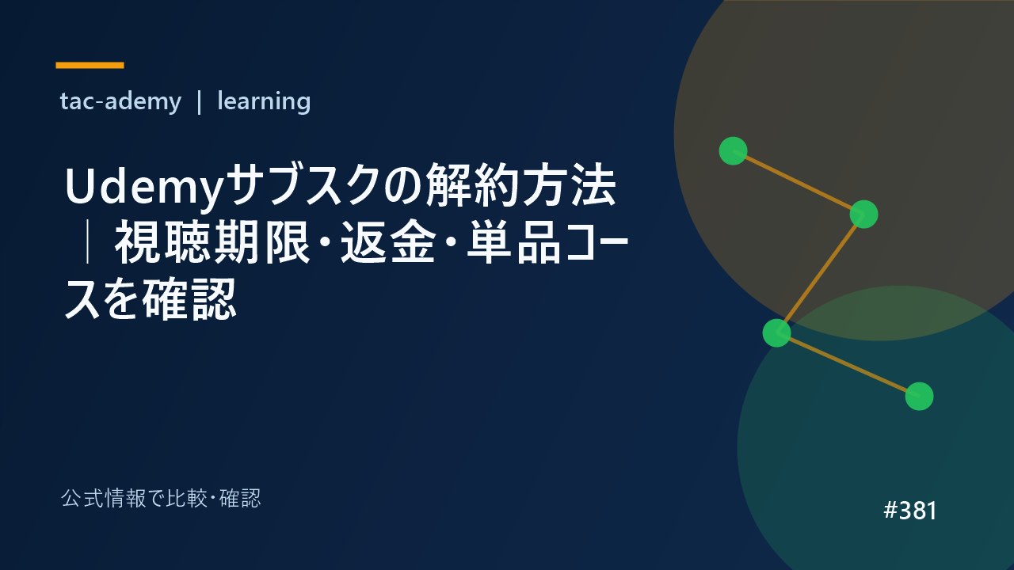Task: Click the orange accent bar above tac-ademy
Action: [x=90, y=66]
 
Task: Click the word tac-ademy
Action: [x=120, y=101]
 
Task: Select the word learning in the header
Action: [x=264, y=101]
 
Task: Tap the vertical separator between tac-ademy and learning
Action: [x=199, y=102]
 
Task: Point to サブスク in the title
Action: [x=303, y=185]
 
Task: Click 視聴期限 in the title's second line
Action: [x=212, y=242]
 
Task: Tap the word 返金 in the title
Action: [x=388, y=242]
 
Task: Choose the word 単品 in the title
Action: [x=514, y=242]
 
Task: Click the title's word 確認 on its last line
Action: [x=189, y=299]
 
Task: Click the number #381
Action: [x=910, y=511]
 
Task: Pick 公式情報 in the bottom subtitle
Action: [x=103, y=499]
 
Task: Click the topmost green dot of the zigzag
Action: [x=733, y=151]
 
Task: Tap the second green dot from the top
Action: [x=863, y=215]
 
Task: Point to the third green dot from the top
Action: [x=777, y=333]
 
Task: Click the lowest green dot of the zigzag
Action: [x=920, y=397]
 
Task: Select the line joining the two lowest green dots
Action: [x=848, y=365]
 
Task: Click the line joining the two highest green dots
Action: [x=798, y=183]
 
